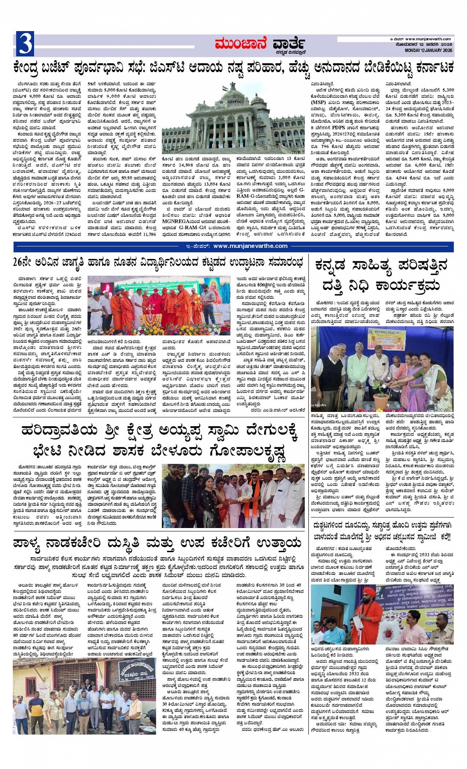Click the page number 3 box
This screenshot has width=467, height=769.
click(25, 43)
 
